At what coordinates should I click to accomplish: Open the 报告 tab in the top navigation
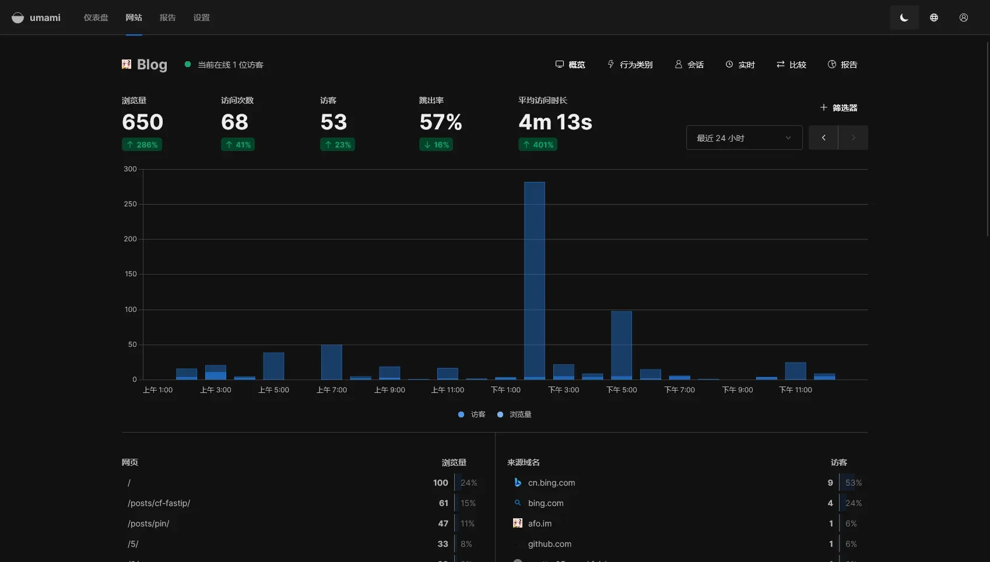point(167,17)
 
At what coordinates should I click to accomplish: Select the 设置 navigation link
point(201,17)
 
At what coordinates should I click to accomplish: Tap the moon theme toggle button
point(904,17)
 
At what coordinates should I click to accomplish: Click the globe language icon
point(933,17)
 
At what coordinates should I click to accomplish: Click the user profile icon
point(963,17)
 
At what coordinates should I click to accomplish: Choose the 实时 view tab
point(740,65)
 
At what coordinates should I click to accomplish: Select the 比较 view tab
point(791,65)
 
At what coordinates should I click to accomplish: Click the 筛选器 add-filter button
point(838,108)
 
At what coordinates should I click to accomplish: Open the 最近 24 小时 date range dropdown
point(744,138)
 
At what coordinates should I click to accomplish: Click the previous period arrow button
point(823,138)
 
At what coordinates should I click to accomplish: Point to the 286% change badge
point(142,145)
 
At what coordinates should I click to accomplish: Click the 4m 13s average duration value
point(555,122)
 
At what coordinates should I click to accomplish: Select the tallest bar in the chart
point(534,280)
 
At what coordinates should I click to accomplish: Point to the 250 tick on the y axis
point(130,204)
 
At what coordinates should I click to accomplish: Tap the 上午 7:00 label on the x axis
point(331,390)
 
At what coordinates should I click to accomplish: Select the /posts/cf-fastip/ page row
point(159,503)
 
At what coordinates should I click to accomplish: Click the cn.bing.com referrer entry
point(551,483)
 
